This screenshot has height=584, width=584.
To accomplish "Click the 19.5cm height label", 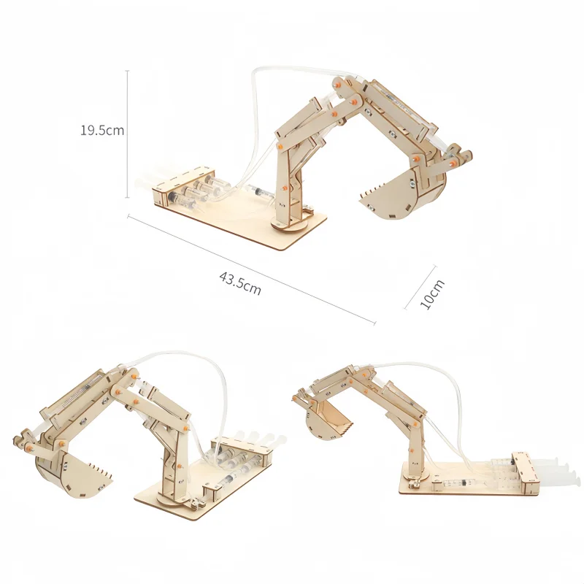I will [102, 131].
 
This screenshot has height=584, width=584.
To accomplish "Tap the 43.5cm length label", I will [240, 283].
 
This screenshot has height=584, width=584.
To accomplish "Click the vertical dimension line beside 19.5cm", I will [128, 131].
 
